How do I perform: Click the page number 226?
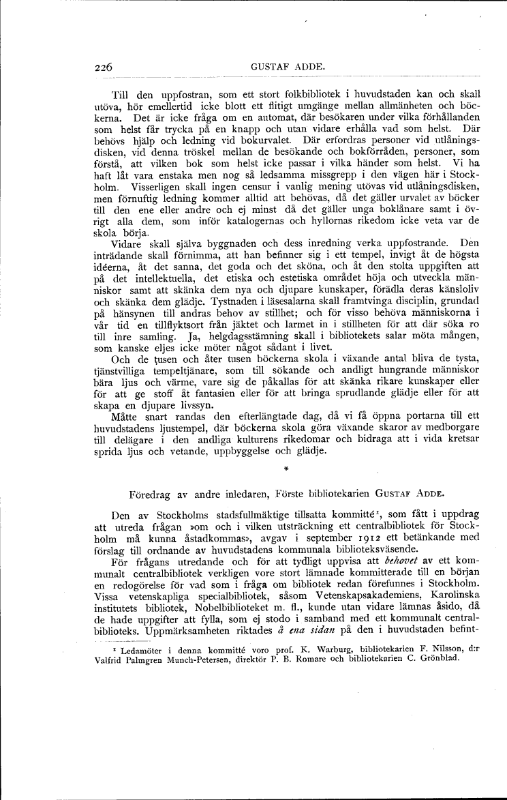104,67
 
